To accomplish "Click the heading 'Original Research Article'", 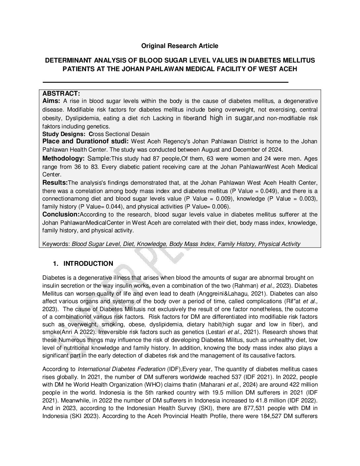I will [180, 46].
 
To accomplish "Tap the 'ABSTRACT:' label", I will [61, 94].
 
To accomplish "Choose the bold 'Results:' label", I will [55, 182].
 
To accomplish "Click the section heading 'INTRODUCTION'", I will [88, 263].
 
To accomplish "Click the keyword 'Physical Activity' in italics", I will [279, 244].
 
